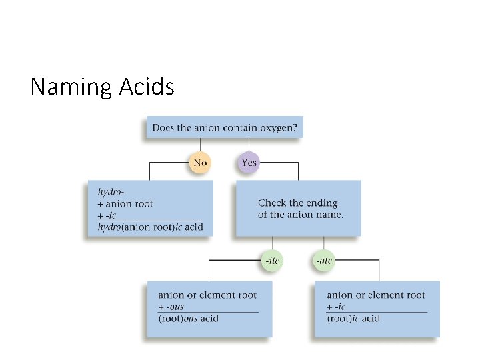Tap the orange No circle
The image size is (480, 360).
[x=200, y=163]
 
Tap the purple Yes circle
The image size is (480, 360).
[x=249, y=163]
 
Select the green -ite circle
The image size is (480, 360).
[x=272, y=261]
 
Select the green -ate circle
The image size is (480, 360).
[x=325, y=261]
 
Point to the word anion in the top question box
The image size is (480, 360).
[x=207, y=127]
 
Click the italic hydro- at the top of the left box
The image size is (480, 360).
[x=111, y=192]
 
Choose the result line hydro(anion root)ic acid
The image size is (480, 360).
[x=150, y=227]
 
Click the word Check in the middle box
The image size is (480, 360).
[x=272, y=203]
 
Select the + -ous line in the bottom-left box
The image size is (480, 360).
[x=171, y=307]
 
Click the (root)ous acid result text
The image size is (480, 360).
[x=188, y=319]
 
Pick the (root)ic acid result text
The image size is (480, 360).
[x=353, y=319]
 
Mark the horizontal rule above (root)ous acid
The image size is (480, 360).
[x=208, y=312]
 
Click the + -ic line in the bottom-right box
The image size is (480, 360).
[x=337, y=307]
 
